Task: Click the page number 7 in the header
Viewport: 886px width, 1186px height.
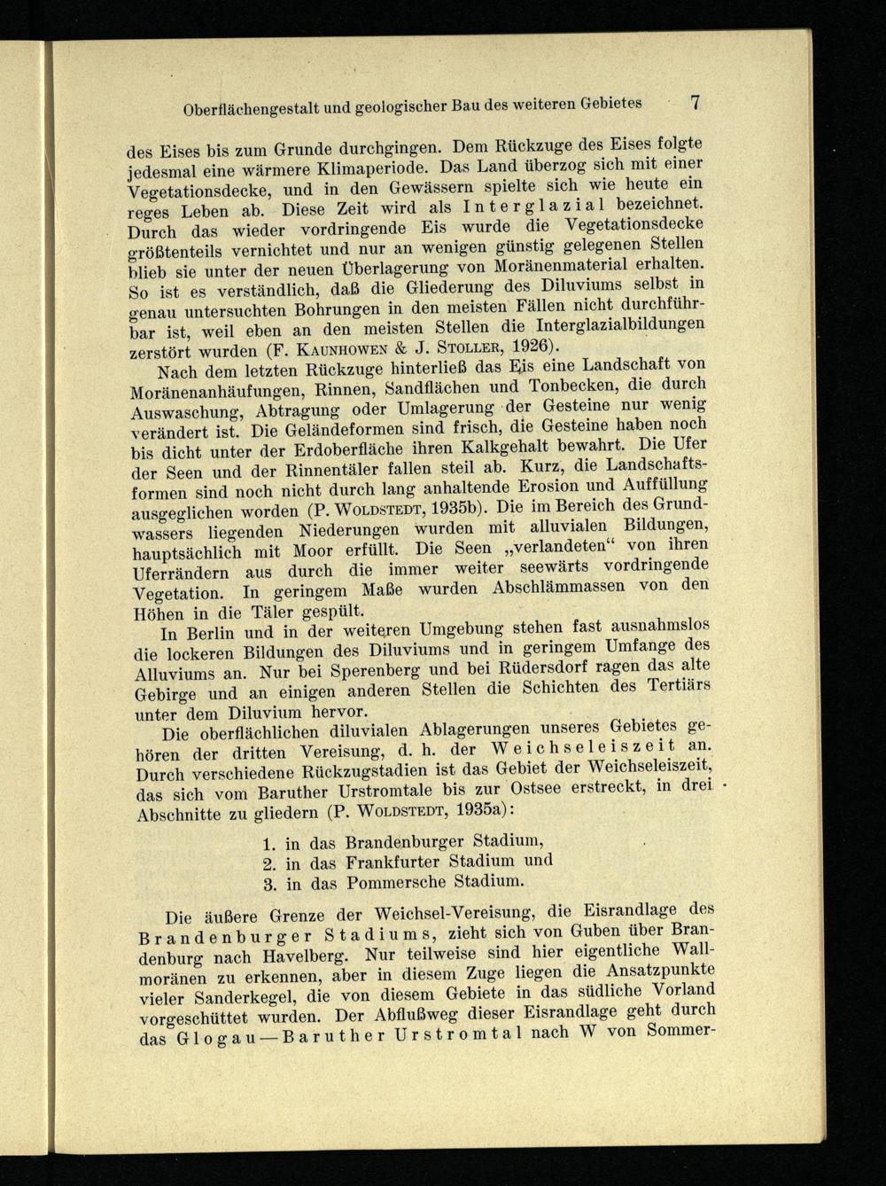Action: (696, 101)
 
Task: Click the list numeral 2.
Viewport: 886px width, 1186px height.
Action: (269, 863)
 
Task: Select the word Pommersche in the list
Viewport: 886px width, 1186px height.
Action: (392, 884)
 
